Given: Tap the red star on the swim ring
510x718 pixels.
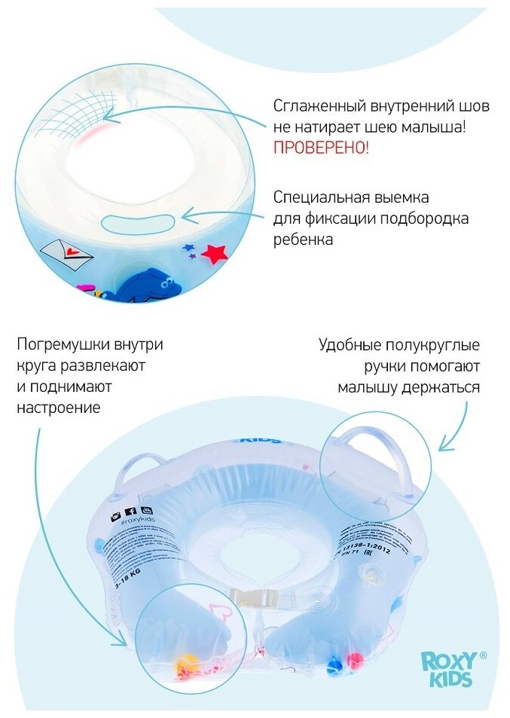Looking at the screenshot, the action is coord(215,253).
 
